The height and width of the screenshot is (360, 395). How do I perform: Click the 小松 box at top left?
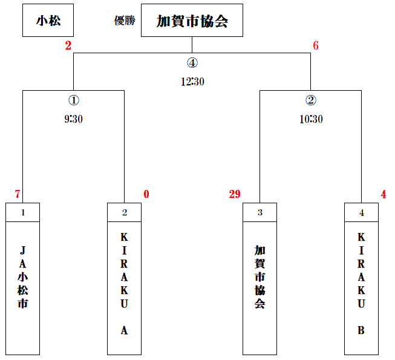point(48,20)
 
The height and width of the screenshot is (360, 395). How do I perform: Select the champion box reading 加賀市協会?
point(192,20)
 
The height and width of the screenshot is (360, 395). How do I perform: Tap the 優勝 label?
point(125,21)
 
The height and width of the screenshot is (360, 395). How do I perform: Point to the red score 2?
point(68,45)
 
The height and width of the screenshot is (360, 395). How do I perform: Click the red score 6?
point(316,45)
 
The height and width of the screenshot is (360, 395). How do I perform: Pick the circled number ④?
point(192,63)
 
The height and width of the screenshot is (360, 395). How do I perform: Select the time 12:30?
point(192,82)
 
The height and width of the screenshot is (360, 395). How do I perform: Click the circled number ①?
point(74,100)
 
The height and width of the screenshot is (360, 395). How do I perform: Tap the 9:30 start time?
point(74,119)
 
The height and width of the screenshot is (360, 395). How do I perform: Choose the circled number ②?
point(311,100)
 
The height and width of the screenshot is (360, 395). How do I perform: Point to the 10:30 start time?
point(311,119)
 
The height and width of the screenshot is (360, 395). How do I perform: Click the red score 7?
point(18,194)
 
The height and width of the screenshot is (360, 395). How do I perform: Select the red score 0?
point(146,194)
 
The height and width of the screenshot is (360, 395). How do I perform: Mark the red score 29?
point(235,194)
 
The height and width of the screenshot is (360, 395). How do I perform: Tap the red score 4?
point(384,194)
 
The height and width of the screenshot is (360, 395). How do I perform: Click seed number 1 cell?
point(22,212)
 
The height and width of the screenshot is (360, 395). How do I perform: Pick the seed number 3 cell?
point(260,212)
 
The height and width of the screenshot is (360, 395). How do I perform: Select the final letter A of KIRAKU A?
point(124,330)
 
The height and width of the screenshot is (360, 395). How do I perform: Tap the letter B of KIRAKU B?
point(361,330)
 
